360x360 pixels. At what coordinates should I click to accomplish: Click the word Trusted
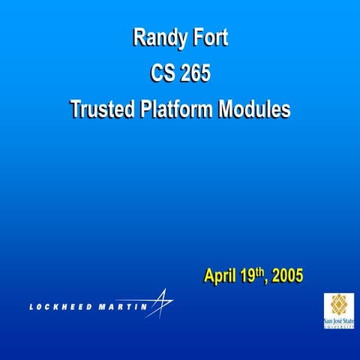103,109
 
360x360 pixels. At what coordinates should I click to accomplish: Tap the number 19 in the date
250,277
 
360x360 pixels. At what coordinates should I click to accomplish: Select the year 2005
288,277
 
